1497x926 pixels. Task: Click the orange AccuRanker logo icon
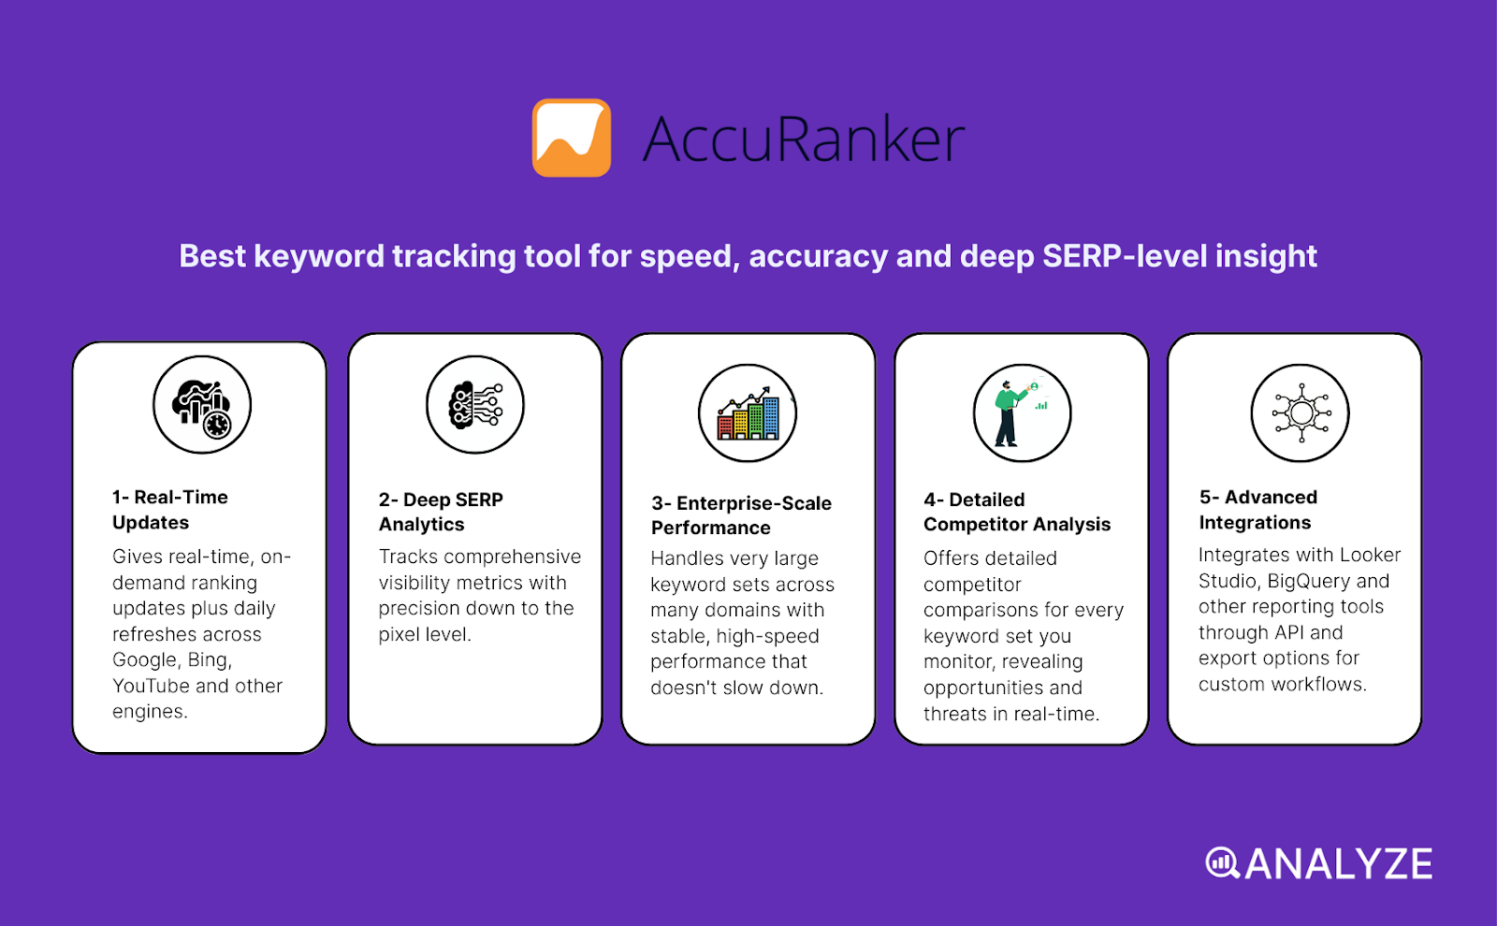pos(572,138)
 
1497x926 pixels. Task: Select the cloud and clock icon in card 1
pos(202,405)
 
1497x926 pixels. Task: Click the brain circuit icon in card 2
pos(475,405)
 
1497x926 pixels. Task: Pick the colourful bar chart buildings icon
pos(748,413)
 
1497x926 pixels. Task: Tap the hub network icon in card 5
pos(1301,413)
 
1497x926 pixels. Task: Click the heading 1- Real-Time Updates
pos(170,510)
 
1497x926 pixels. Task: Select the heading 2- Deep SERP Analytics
pos(441,512)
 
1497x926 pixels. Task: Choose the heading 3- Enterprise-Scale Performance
pos(741,515)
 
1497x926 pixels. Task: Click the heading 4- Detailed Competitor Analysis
pos(1016,512)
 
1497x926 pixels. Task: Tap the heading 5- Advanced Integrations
pos(1257,510)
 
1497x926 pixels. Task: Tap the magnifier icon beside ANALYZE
pos(1222,863)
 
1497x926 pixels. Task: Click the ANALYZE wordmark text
pos(1338,864)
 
